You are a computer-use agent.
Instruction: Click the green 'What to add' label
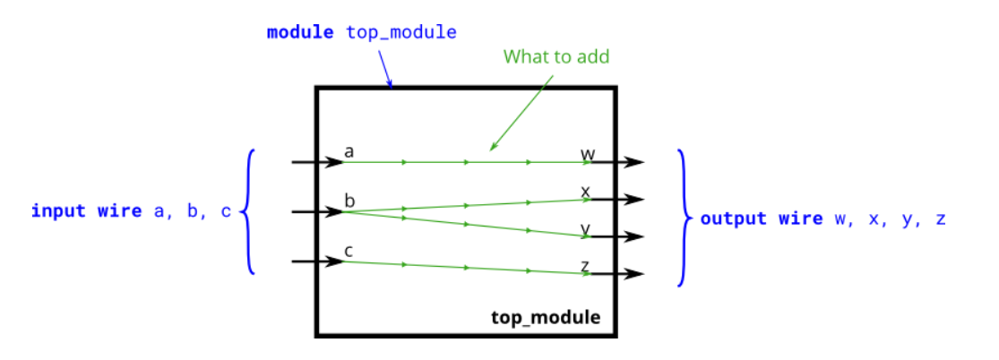[x=555, y=57]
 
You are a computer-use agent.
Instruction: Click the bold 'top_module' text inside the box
[x=546, y=318]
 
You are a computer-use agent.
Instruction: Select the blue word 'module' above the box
[x=301, y=33]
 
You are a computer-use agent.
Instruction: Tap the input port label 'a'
[x=349, y=152]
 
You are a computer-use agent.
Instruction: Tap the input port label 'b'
[x=349, y=201]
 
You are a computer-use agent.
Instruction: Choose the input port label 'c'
[x=349, y=251]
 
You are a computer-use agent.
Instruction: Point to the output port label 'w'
[x=588, y=154]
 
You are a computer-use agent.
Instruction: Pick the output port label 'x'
[x=585, y=191]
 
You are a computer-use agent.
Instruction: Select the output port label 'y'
[x=585, y=228]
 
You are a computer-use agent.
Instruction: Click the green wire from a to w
[x=466, y=162]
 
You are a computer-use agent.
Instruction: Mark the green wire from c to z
[x=466, y=266]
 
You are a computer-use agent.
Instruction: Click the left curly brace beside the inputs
[x=249, y=211]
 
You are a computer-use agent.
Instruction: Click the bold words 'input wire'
[x=86, y=211]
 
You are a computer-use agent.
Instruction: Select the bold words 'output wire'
[x=761, y=219]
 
